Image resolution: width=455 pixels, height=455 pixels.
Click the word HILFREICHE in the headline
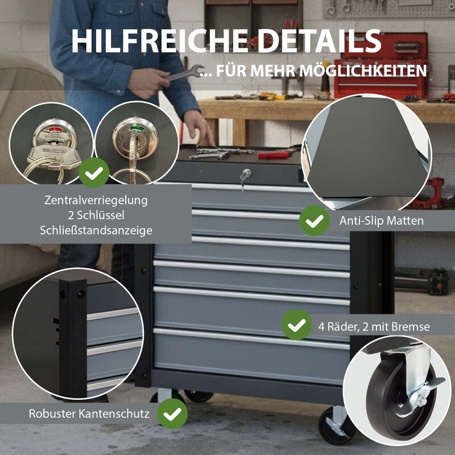point(159,41)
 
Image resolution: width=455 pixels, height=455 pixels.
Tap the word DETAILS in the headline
point(319,41)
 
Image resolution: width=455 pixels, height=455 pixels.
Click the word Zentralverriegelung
point(96,200)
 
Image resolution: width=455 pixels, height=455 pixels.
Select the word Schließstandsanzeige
point(96,230)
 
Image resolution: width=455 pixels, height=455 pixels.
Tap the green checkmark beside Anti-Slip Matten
point(315,221)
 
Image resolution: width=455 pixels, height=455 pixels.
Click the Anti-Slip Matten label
point(381,221)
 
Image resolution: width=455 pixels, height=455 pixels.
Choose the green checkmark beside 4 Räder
point(296,324)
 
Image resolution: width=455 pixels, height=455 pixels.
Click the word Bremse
point(411,326)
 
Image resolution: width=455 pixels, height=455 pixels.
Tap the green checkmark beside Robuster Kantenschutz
point(172,413)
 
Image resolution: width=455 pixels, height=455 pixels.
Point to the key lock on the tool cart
point(245,175)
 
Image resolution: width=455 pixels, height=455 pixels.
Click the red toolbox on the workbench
point(380,66)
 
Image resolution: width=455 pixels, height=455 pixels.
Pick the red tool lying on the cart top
point(274,155)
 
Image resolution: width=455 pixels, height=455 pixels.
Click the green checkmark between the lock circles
point(94,173)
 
